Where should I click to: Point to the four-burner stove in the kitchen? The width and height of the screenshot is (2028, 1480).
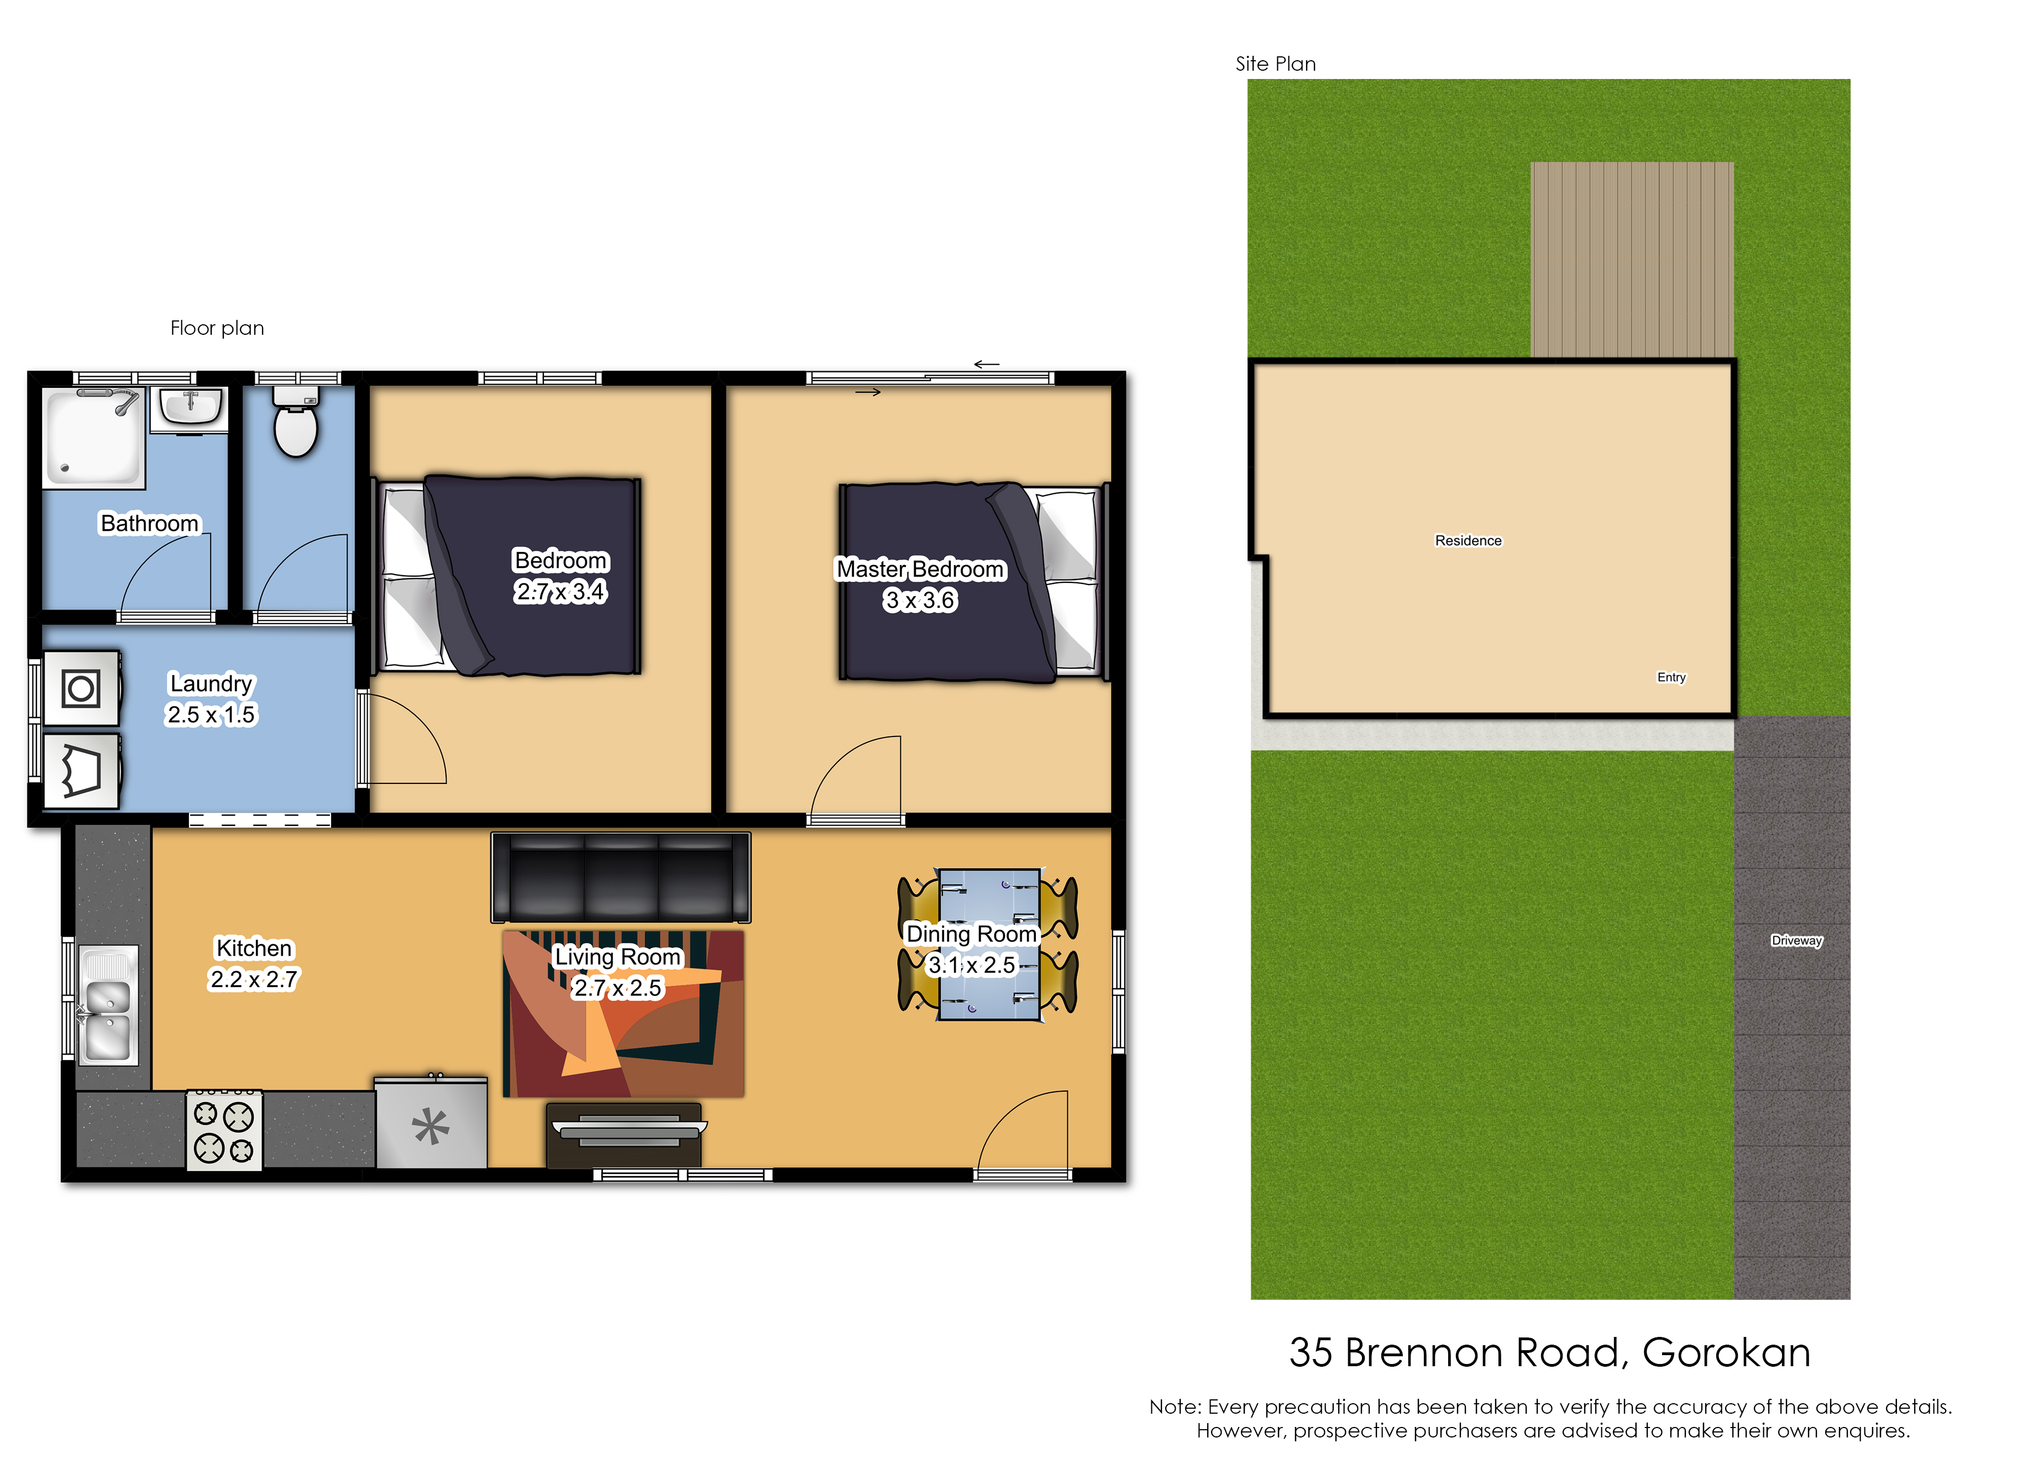click(x=224, y=1131)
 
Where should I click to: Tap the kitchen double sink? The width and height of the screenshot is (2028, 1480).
click(x=108, y=1005)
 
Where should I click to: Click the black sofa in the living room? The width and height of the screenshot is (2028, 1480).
click(x=621, y=877)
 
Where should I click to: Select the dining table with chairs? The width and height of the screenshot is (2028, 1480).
click(x=988, y=944)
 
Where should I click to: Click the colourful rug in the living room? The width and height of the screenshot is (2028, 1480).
click(x=623, y=1013)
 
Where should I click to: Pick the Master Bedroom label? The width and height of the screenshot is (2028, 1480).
click(x=920, y=570)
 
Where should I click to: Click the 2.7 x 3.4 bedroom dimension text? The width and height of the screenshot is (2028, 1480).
click(x=561, y=591)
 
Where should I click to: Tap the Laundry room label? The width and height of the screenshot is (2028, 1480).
click(x=212, y=683)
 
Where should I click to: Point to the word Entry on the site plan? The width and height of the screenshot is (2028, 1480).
click(x=1671, y=677)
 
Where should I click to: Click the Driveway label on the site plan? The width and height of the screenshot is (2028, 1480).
click(x=1797, y=941)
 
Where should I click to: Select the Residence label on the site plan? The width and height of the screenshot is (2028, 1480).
click(x=1468, y=540)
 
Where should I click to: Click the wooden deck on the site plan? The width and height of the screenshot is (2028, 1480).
click(x=1632, y=260)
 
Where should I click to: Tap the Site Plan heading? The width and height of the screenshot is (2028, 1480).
click(x=1275, y=64)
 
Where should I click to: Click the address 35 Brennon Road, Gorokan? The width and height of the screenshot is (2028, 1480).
click(x=1549, y=1353)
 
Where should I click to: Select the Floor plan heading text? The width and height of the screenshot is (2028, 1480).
click(x=217, y=328)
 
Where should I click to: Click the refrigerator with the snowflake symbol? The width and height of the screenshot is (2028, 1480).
click(x=431, y=1124)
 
